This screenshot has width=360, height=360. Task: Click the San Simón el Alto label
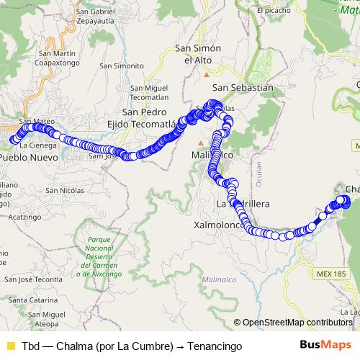[x=198, y=54]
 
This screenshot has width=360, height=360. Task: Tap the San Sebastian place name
[x=243, y=87]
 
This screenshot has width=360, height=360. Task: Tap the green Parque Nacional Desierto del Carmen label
[x=102, y=256]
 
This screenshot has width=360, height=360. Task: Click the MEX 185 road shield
[x=331, y=274]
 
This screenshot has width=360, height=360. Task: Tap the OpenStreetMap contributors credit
[x=297, y=323]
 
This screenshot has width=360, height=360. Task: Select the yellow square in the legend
[x=10, y=346]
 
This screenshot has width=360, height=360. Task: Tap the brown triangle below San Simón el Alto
[x=207, y=73]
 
